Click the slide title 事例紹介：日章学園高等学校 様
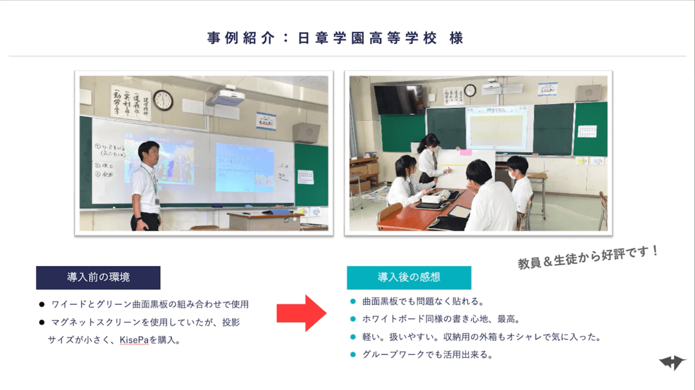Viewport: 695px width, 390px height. pos(335,39)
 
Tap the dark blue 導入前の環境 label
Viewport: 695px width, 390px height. pos(98,277)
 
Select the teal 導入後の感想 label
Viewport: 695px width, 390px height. pos(409,277)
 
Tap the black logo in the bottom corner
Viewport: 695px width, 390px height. pos(672,363)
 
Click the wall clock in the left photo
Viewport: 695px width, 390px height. pos(163,100)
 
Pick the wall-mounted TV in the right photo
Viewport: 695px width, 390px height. pos(398,99)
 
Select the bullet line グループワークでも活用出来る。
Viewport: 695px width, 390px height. pos(427,355)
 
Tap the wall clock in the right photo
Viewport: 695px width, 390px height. pos(470,91)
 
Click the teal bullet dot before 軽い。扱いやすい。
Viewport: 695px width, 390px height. pos(353,337)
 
